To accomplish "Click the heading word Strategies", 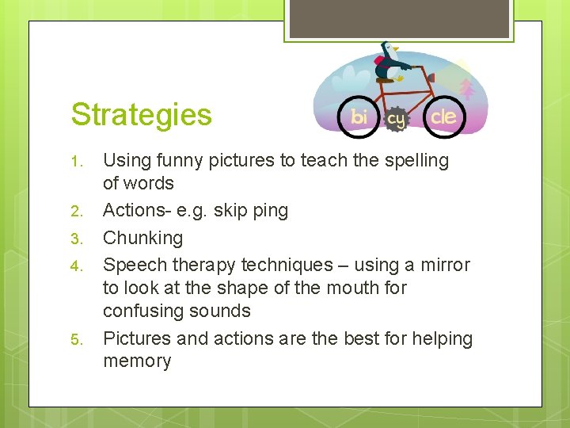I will click(141, 114).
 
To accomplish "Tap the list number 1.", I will click(77, 162).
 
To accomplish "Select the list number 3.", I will click(77, 239).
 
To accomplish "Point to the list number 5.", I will click(77, 340).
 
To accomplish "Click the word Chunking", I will click(142, 238).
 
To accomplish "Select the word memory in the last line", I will click(137, 361).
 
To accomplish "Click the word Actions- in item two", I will click(138, 211).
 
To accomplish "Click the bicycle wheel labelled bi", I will click(359, 117).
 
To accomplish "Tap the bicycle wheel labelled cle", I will click(443, 117).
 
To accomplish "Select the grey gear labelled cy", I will click(396, 119).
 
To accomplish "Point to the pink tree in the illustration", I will click(467, 88).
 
